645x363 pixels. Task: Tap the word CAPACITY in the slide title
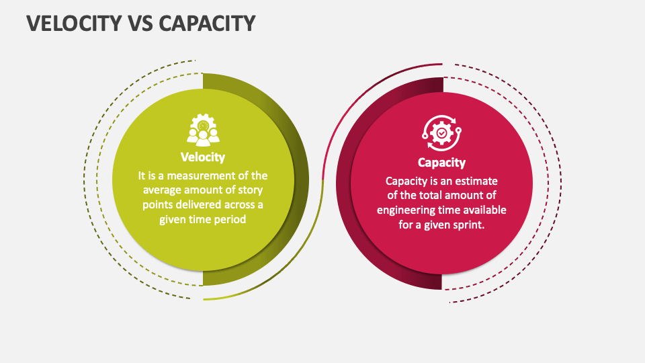[x=208, y=23]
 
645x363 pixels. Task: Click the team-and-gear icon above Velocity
[x=203, y=130]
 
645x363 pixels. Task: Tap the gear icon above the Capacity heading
[x=441, y=133]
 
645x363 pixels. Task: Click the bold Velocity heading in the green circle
[x=203, y=157]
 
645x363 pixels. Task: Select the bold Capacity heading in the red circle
[x=441, y=162]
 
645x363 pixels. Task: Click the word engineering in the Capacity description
[x=406, y=210]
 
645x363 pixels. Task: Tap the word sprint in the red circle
[x=468, y=225]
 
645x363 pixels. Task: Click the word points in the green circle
[x=158, y=205]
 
